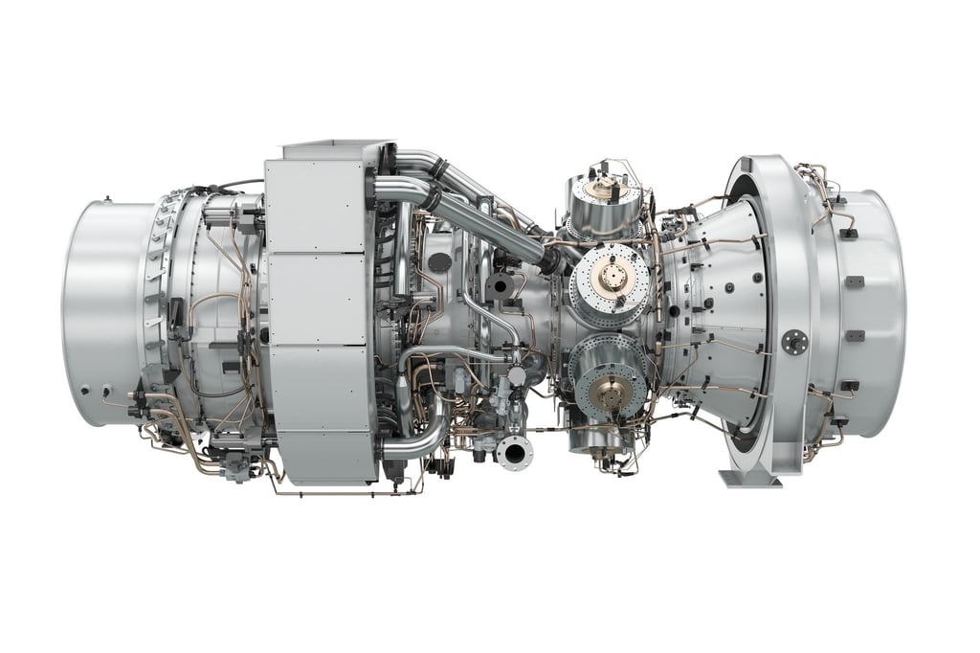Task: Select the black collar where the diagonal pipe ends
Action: (552, 258)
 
